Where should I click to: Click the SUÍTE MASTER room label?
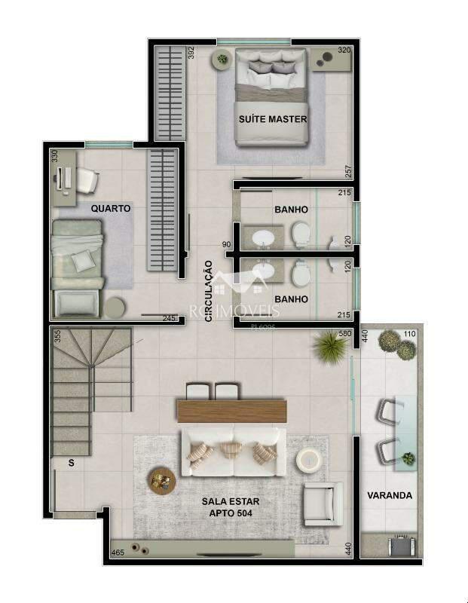272,119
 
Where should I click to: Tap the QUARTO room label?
111,208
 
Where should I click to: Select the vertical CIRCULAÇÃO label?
208,292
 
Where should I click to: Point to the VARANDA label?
389,495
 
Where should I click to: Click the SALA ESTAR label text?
227,500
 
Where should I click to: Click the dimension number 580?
345,334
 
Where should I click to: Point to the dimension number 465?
118,553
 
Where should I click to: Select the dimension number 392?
191,54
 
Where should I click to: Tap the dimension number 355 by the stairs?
57,336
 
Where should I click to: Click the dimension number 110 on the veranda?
409,334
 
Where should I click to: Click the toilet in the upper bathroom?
300,234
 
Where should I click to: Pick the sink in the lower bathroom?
264,269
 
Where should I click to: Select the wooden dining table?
231,410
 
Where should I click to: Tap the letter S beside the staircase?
71,463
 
